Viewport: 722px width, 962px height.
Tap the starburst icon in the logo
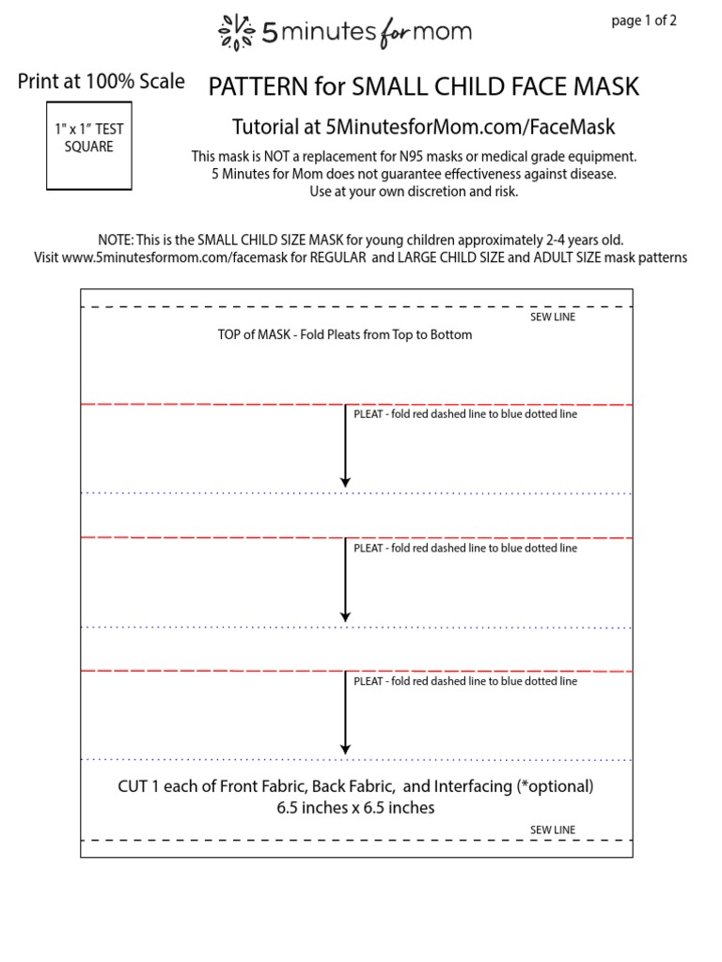click(236, 33)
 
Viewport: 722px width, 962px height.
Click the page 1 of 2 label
click(644, 22)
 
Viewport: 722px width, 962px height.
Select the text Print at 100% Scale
click(102, 82)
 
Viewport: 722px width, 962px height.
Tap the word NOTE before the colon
click(116, 240)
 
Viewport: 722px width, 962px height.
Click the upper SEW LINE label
click(553, 318)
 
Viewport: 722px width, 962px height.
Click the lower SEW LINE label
click(553, 830)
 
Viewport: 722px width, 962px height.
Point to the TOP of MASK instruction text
click(345, 334)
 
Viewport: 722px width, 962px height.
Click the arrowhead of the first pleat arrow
click(346, 482)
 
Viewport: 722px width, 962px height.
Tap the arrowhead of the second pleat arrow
click(346, 616)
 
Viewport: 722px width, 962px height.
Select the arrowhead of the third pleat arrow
click(346, 749)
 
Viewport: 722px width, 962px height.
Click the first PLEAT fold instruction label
click(465, 414)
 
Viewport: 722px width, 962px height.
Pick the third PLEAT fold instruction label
click(465, 681)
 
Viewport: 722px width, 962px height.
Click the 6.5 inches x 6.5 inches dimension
click(355, 808)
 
